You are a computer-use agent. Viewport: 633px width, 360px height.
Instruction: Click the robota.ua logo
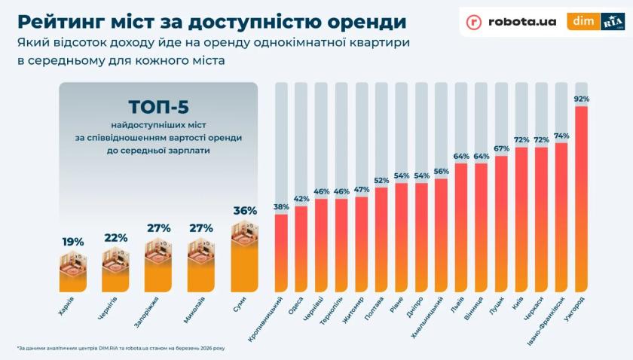coord(511,22)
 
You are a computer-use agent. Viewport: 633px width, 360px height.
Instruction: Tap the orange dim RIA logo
coord(595,22)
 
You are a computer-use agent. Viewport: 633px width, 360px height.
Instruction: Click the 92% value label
coord(581,99)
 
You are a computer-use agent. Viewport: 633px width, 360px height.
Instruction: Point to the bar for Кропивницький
coord(281,253)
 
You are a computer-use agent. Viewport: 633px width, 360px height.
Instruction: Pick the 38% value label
coord(281,206)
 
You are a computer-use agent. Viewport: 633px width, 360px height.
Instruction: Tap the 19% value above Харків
coord(72,242)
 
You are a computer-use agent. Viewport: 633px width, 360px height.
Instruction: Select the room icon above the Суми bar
coord(244,235)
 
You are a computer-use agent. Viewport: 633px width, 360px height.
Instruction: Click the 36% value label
coord(245,211)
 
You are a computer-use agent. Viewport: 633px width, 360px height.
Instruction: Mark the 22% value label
coord(116,237)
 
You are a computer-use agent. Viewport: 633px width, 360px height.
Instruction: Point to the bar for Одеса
coord(301,249)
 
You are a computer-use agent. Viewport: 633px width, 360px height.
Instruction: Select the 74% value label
coord(561,136)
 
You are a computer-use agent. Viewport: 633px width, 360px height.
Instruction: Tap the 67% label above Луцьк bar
coord(501,148)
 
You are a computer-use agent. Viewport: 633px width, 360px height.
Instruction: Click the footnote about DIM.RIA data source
coord(121,348)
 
